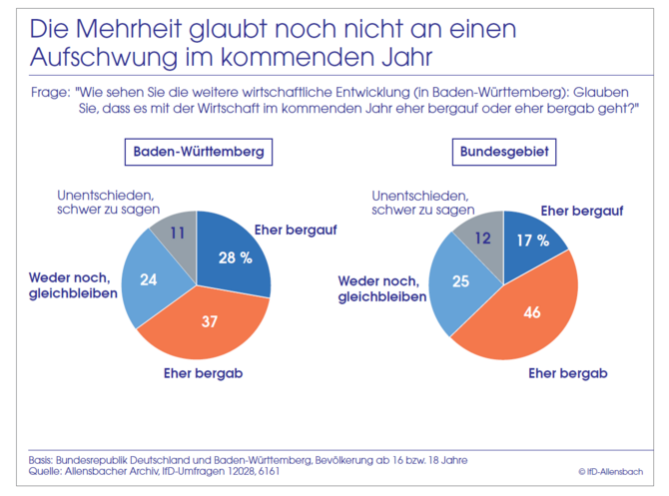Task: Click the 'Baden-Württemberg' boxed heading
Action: coord(200,154)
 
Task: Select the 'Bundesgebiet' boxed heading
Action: coord(506,154)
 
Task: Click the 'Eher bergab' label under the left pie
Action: coord(205,374)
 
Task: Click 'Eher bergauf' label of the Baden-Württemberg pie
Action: coord(297,231)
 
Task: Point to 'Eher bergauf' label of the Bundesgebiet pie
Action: coord(581,211)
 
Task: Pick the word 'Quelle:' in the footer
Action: coord(48,470)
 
